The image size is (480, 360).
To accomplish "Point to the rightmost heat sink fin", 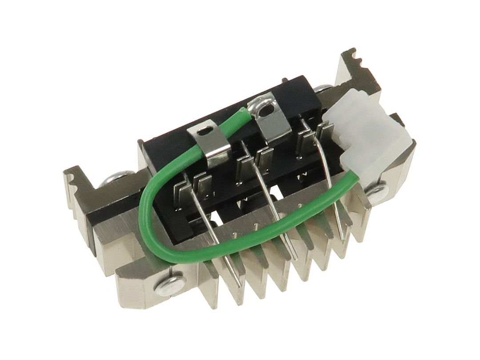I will (356, 222).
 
